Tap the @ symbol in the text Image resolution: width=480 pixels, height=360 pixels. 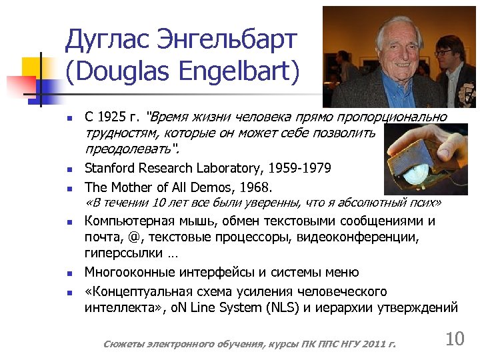pyautogui.click(x=136, y=237)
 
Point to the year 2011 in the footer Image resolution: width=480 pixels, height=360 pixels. pyautogui.click(x=373, y=344)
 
